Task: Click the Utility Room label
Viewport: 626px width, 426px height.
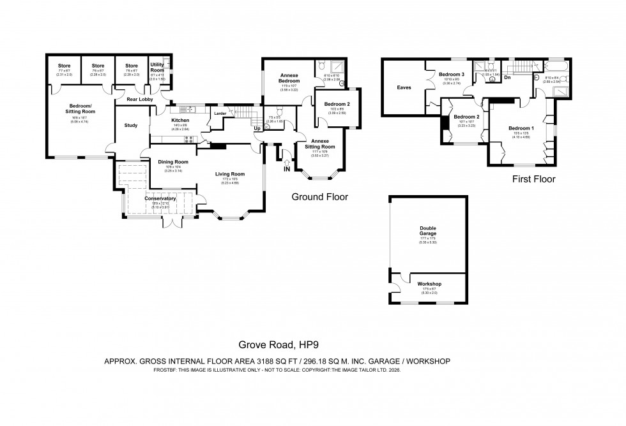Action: point(157,68)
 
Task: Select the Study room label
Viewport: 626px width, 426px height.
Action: point(131,125)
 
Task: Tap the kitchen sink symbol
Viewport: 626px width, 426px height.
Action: point(189,109)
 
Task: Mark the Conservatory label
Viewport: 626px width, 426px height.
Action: point(160,198)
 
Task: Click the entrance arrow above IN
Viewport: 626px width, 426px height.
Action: point(287,163)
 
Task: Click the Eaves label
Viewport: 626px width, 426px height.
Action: point(404,87)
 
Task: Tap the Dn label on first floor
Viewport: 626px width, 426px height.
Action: point(507,77)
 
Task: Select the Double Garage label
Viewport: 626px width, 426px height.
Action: point(428,230)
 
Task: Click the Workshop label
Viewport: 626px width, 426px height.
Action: point(429,284)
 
